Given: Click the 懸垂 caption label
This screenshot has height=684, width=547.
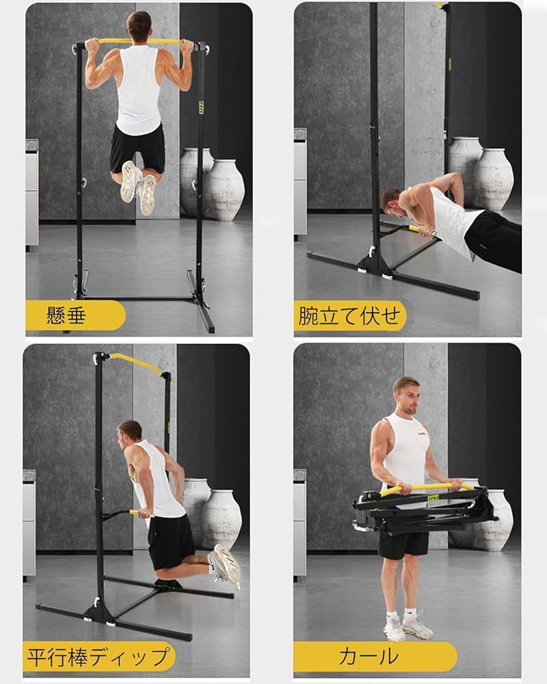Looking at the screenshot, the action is click(x=66, y=315).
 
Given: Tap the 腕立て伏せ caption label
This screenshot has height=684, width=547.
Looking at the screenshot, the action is click(x=349, y=315).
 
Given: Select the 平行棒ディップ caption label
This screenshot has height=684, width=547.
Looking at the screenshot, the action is click(x=98, y=657).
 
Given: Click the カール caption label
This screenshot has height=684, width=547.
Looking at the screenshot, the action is click(x=369, y=657).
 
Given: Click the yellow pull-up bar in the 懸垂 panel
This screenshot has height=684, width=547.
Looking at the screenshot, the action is click(x=139, y=42).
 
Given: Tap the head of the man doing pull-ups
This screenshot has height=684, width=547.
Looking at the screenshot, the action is click(x=139, y=25).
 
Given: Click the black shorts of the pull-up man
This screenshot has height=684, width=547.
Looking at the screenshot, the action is click(x=137, y=148).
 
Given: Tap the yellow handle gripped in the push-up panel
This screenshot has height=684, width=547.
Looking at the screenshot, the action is click(x=421, y=231).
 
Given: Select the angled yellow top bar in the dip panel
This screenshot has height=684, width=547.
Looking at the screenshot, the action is click(x=135, y=363).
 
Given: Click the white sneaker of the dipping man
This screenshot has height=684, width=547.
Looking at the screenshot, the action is click(x=225, y=566).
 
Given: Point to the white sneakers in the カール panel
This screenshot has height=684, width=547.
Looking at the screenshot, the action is click(x=408, y=627).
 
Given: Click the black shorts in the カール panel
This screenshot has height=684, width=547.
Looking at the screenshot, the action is click(x=403, y=545).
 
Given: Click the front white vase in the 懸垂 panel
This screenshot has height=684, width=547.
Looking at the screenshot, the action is click(x=224, y=189).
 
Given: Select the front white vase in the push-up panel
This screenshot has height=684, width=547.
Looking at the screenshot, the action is click(x=493, y=179).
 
